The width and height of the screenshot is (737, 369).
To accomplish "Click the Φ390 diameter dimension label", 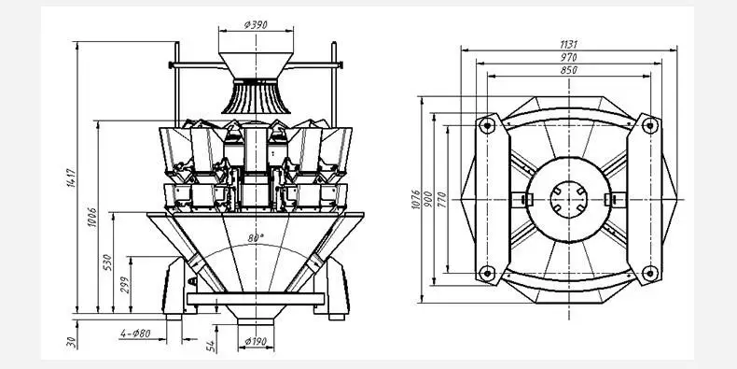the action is click(256, 25).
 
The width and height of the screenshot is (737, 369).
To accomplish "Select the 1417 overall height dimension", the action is click(72, 177).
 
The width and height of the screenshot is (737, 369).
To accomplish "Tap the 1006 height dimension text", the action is click(92, 218).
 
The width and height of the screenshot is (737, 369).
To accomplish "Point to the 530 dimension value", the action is click(107, 262).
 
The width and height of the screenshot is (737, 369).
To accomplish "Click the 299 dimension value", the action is click(125, 285).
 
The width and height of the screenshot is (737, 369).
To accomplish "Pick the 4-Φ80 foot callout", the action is click(135, 334).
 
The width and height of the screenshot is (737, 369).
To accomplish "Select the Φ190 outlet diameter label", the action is click(256, 341).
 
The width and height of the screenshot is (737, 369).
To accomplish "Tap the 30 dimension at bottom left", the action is click(72, 342).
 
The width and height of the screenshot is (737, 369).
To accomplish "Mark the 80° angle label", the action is click(256, 237).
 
